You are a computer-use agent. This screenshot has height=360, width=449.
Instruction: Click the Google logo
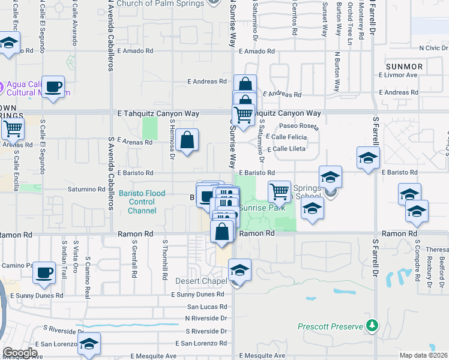click(20, 353)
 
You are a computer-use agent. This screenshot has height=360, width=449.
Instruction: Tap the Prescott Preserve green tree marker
click(373, 325)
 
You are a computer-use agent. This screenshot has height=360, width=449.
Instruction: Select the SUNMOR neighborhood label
click(404, 67)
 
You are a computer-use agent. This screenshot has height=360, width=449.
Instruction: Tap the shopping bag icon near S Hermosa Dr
click(187, 140)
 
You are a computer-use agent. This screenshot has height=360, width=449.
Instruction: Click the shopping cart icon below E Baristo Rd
click(279, 192)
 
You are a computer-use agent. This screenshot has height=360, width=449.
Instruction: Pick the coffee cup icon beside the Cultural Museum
click(54, 87)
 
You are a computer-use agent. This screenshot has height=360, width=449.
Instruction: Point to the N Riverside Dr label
click(206, 318)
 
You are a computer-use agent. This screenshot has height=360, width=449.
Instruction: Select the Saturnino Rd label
click(86, 189)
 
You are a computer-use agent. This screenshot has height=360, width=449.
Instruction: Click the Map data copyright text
click(424, 355)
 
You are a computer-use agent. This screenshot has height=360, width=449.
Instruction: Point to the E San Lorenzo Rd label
click(200, 343)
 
